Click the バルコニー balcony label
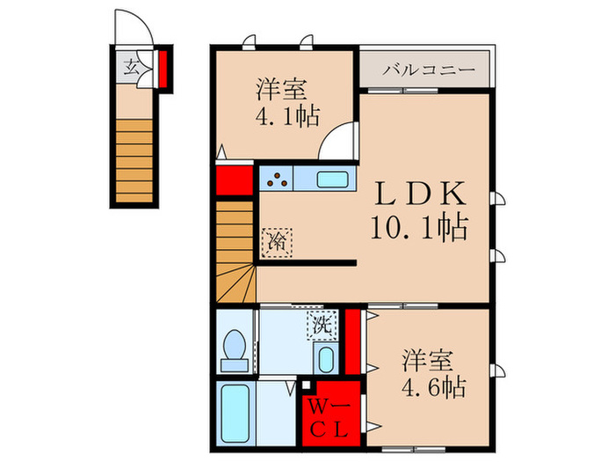click(429, 69)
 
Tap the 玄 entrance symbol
click(130, 68)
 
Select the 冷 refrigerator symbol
click(277, 241)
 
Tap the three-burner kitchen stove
click(279, 179)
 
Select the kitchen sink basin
click(333, 180)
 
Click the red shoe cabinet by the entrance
click(164, 68)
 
